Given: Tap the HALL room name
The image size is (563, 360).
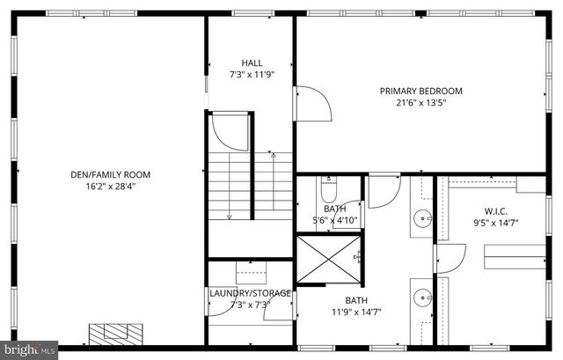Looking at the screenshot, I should pos(252,63).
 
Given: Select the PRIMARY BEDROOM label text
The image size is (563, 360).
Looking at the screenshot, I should pos(420,91).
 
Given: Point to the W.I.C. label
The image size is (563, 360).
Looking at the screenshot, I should pos(496,211).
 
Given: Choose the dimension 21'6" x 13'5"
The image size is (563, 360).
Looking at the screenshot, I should pos(420,102).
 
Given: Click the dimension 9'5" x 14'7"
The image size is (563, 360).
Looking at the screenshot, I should pos(496,223).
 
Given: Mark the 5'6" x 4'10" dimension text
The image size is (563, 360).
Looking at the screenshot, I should pos(334,220).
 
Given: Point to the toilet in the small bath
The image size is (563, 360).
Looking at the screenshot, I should pos(328,189).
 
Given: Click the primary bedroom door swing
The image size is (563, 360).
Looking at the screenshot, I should pos(312,103).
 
